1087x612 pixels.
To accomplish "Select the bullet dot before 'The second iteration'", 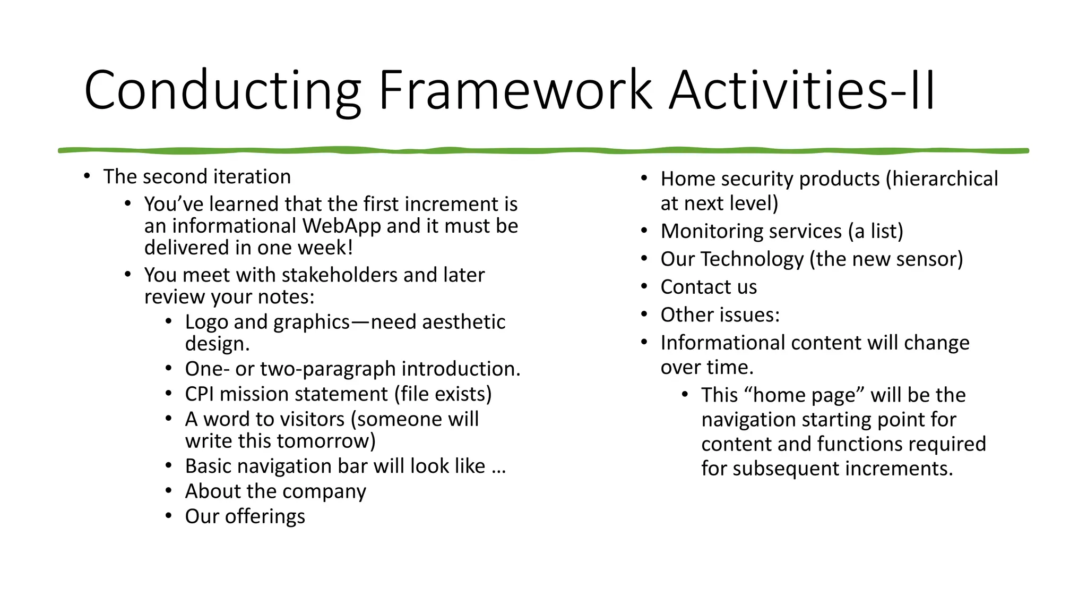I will click(x=87, y=176).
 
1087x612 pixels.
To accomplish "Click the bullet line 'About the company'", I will click(x=275, y=491).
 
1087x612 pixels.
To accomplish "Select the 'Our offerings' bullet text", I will click(x=245, y=516).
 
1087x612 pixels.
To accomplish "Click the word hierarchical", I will click(x=945, y=178).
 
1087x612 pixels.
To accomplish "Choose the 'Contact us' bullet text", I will click(x=709, y=287).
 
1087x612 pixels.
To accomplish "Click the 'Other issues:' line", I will click(x=720, y=315).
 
